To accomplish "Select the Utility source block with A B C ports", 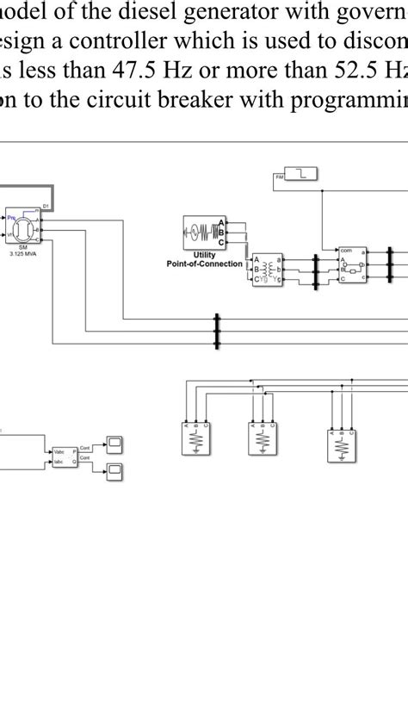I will point(204,231).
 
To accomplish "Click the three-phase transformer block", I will point(267,269).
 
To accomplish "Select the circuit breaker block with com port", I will point(353,264).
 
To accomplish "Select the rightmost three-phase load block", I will point(343,445).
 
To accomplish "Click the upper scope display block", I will point(114,444).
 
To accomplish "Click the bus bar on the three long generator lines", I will point(217,332).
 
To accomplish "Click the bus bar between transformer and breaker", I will point(315,268).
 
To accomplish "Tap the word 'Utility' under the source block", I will point(204,255).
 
